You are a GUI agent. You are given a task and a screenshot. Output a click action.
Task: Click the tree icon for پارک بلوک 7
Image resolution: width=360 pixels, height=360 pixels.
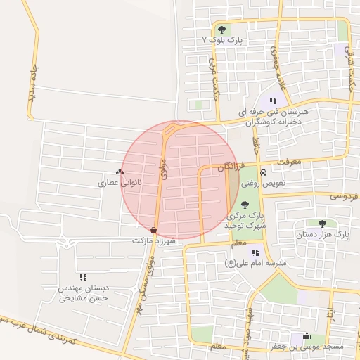tap(222, 30)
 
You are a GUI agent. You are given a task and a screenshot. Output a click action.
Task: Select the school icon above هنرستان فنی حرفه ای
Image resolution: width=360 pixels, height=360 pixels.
tap(273, 101)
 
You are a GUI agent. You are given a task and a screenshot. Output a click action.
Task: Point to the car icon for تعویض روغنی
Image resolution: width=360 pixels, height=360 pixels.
tap(263, 172)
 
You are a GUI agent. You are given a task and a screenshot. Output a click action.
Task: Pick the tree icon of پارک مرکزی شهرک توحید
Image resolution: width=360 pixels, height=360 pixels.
tap(245, 204)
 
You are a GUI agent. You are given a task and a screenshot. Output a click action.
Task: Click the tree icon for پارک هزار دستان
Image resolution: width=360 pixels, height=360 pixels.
tap(322, 223)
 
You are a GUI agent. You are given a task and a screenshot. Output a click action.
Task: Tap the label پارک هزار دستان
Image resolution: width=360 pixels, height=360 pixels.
tap(322, 233)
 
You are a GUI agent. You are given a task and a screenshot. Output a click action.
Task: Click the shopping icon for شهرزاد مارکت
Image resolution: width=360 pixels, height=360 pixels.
tap(154, 230)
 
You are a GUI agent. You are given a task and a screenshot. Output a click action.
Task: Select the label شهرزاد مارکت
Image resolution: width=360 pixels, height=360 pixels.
tap(153, 240)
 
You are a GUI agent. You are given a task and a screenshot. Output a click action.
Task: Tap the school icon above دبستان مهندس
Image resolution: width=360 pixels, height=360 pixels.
tap(83, 278)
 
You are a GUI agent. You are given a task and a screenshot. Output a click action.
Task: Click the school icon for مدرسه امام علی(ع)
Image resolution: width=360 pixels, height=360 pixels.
tap(255, 252)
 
